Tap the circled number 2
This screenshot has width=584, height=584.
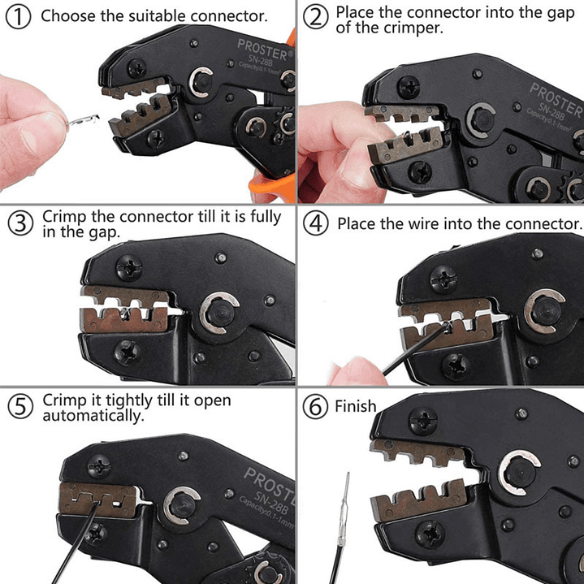point(316,15)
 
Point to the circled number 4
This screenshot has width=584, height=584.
point(316,224)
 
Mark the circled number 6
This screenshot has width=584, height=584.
point(316,406)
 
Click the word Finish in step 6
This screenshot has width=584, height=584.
point(356,406)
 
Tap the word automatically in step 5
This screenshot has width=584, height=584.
point(93,417)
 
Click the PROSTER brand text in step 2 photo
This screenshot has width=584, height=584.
point(556,98)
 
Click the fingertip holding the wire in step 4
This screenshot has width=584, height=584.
point(351,373)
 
